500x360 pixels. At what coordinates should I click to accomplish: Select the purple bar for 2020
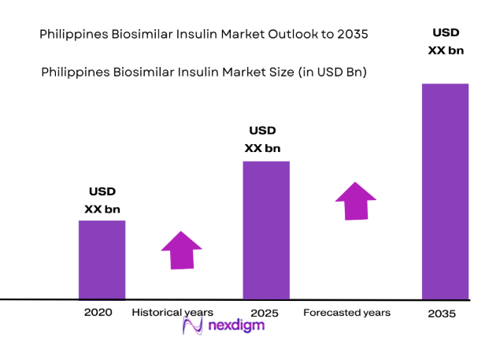(x=102, y=260)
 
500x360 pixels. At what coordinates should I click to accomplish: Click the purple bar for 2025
(x=266, y=230)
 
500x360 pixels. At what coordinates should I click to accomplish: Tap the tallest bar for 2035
(x=445, y=191)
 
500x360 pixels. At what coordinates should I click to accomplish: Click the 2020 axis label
(x=98, y=312)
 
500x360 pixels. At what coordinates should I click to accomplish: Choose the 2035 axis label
(x=443, y=314)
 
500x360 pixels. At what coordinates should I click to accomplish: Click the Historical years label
(x=172, y=313)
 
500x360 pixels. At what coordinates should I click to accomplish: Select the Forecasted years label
(x=346, y=313)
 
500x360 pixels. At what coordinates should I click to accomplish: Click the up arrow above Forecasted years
(x=355, y=201)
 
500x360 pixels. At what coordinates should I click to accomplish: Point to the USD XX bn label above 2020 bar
(x=102, y=200)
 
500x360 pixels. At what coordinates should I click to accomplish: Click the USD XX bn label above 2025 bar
(x=263, y=139)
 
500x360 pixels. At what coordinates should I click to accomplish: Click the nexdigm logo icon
(x=194, y=326)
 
